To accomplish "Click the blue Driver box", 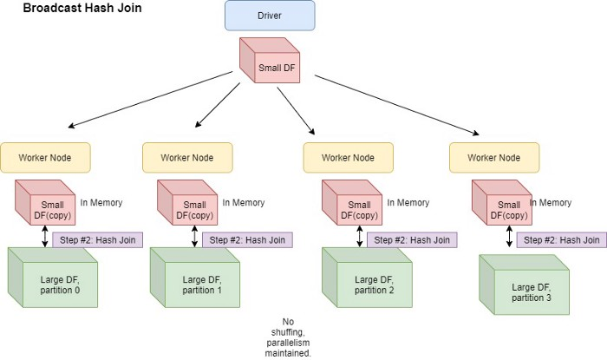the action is pyautogui.click(x=270, y=16).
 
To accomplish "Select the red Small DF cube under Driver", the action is pyautogui.click(x=270, y=60).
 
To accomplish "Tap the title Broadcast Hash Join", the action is pyautogui.click(x=82, y=8).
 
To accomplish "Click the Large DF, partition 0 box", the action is pyautogui.click(x=53, y=278).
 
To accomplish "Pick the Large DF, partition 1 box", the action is pyautogui.click(x=195, y=278).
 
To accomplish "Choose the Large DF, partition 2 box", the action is pyautogui.click(x=367, y=278).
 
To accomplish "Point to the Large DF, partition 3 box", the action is pyautogui.click(x=524, y=285).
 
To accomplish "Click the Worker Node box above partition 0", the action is pyautogui.click(x=45, y=158).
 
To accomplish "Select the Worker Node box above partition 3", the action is pyautogui.click(x=494, y=158).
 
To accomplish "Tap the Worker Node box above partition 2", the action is pyautogui.click(x=348, y=158).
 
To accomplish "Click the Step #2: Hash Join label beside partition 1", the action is pyautogui.click(x=247, y=240).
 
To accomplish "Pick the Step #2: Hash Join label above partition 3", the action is pyautogui.click(x=562, y=240).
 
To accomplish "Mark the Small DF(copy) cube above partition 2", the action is pyautogui.click(x=352, y=202).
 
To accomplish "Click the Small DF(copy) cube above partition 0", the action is pyautogui.click(x=45, y=202).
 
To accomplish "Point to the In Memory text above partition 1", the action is pyautogui.click(x=244, y=202).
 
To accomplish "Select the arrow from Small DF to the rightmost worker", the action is pyautogui.click(x=397, y=105).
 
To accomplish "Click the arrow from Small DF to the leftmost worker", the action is pyautogui.click(x=150, y=100).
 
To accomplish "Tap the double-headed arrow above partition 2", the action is pyautogui.click(x=360, y=237).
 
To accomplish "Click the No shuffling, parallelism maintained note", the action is pyautogui.click(x=288, y=337).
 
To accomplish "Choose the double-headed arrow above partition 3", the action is pyautogui.click(x=510, y=237).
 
